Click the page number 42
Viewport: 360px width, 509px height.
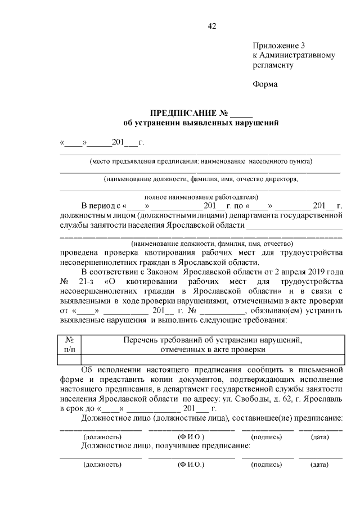tap(211, 26)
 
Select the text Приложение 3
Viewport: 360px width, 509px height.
tap(278, 46)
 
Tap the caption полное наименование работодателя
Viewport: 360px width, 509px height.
tap(201, 197)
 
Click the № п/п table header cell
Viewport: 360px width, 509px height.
tap(70, 344)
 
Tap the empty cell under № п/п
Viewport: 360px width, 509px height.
tap(70, 359)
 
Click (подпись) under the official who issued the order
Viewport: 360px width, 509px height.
tap(267, 436)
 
